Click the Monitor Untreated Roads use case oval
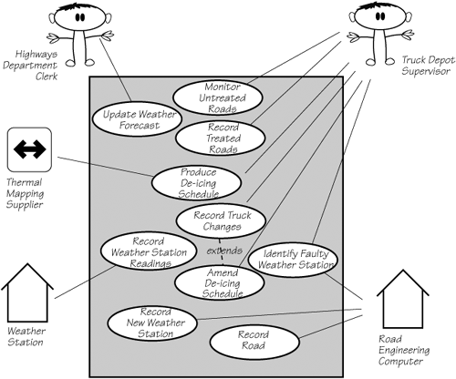tap(217, 97)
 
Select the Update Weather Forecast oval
tap(137, 119)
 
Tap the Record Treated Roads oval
tap(221, 138)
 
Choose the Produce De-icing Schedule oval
tap(197, 183)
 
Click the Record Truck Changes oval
tap(221, 221)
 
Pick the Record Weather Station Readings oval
tap(149, 251)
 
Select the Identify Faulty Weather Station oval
tap(293, 260)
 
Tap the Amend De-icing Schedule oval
tap(220, 282)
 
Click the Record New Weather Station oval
tap(152, 323)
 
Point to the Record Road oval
tap(254, 343)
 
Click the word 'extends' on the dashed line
tap(224, 251)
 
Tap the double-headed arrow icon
tap(29, 149)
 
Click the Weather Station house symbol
tap(27, 293)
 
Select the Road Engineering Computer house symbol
tap(403, 299)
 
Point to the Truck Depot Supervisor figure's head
tap(380, 15)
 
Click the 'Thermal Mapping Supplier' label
tap(25, 193)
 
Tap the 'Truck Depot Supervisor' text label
tap(428, 66)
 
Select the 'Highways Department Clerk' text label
tap(30, 65)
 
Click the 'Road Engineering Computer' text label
tap(404, 350)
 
